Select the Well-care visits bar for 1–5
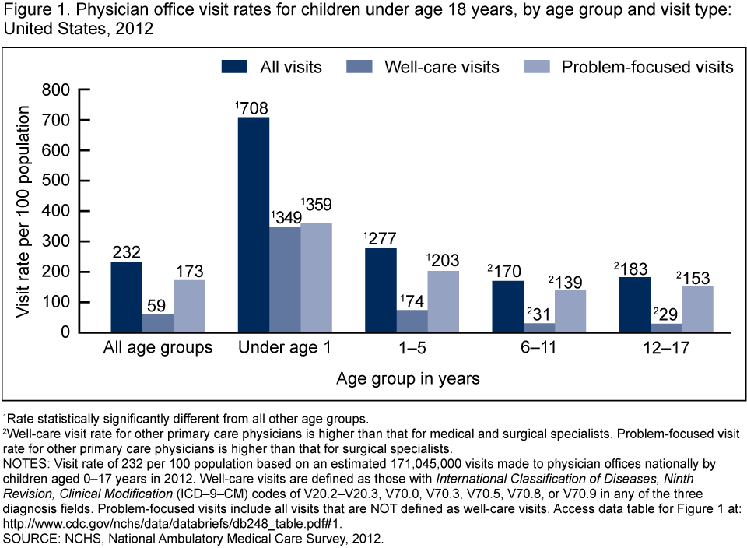[412, 321]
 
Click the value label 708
[254, 107]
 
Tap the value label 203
[443, 261]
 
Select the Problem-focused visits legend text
[647, 67]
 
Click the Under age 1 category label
[285, 347]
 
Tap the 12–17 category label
[665, 347]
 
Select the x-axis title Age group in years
[409, 379]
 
